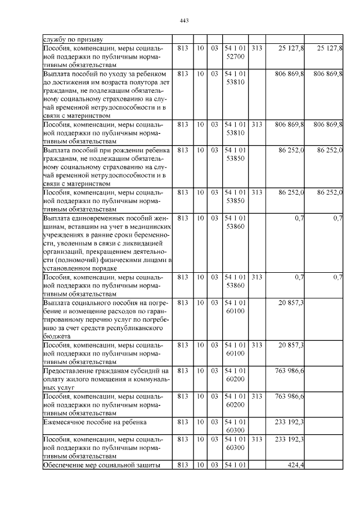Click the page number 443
pos(183,21)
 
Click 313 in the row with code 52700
pos(257,49)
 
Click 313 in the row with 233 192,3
pos(257,439)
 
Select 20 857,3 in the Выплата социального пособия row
pos(291,303)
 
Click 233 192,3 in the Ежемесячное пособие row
pos(288,421)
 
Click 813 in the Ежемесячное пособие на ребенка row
pos(182,421)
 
